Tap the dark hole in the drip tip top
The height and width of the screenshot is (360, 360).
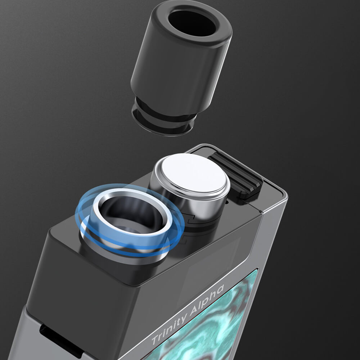[x=192, y=23]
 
